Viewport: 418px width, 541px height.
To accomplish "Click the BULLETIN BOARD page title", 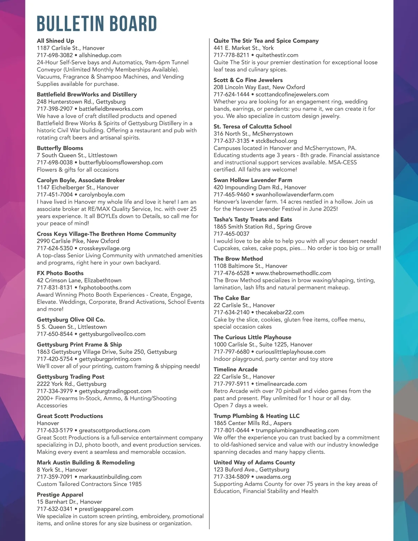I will pyautogui.click(x=97, y=24).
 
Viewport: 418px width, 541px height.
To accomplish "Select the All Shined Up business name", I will pyautogui.click(x=55, y=41).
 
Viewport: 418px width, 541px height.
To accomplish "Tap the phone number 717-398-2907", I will pyautogui.click(x=55, y=109).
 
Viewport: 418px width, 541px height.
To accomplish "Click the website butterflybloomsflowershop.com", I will pyautogui.click(x=121, y=162).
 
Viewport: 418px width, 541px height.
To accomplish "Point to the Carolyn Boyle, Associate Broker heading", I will pyautogui.click(x=81, y=180).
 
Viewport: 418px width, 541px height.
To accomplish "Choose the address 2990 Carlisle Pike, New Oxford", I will pyautogui.click(x=78, y=241).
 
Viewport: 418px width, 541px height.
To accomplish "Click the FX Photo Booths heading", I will pyautogui.click(x=60, y=273).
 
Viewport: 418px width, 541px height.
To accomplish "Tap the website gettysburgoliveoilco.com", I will pyautogui.click(x=112, y=334).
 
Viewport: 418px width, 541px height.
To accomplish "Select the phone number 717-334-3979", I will pyautogui.click(x=55, y=391).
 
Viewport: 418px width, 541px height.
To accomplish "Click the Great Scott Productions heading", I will pyautogui.click(x=70, y=416).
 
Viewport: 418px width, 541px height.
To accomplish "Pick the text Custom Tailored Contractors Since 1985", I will pyautogui.click(x=89, y=484).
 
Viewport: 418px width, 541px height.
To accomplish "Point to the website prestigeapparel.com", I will pyautogui.click(x=106, y=509).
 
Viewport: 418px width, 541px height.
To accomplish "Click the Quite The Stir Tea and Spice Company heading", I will pyautogui.click(x=266, y=41).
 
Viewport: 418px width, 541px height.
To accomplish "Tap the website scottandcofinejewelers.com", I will pyautogui.click(x=292, y=94).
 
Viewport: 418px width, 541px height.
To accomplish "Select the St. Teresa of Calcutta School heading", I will pyautogui.click(x=253, y=126).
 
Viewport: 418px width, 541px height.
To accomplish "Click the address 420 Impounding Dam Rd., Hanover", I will pyautogui.click(x=260, y=187).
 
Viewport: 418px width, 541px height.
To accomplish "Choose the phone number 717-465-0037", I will pyautogui.click(x=232, y=234).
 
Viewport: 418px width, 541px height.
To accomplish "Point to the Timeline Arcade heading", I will pyautogui.click(x=236, y=369).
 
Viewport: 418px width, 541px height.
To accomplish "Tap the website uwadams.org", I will pyautogui.click(x=273, y=477).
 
